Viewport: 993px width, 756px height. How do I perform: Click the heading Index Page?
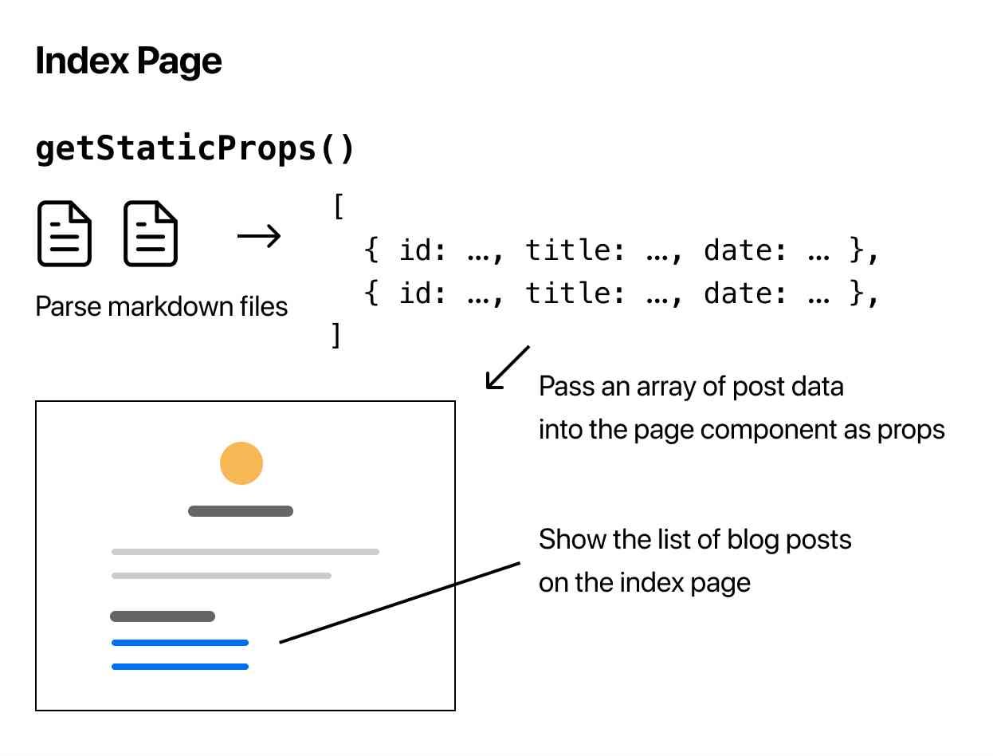128,61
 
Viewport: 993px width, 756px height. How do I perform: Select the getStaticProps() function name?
194,149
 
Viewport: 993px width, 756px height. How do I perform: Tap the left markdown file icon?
65,234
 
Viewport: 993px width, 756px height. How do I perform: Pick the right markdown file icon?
151,234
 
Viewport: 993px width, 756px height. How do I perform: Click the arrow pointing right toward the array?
259,236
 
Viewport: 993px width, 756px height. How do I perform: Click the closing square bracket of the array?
336,336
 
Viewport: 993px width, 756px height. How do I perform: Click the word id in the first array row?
414,251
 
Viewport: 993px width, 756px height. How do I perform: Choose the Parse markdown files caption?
162,306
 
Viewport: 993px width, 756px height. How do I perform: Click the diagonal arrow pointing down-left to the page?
508,368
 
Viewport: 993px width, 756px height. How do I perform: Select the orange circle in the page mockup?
241,463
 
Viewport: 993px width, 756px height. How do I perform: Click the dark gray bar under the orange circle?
241,511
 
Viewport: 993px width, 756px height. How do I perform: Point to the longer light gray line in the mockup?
245,552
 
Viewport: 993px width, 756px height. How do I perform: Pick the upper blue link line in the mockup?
180,643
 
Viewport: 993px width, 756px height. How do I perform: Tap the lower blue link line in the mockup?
180,667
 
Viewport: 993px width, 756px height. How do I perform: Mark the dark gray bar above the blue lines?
163,616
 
